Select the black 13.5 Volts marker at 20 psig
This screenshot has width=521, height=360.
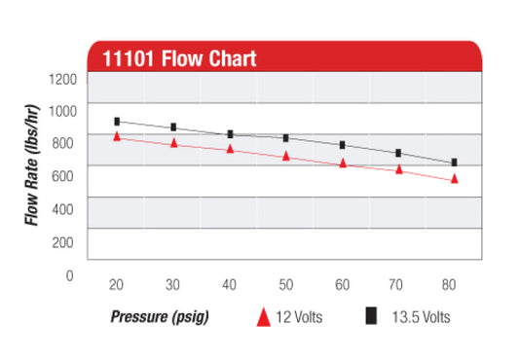[x=117, y=122]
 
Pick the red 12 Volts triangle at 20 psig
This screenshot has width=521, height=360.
[x=117, y=136]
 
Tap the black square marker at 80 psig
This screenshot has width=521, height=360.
[x=455, y=162]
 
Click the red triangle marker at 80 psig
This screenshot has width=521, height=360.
[x=455, y=179]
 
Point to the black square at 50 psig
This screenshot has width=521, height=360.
[x=285, y=138]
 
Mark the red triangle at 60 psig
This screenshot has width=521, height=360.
[x=342, y=162]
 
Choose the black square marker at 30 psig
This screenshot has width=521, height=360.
[x=173, y=127]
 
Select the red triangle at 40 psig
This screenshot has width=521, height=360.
[x=230, y=149]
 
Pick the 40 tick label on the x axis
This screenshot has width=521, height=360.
[x=229, y=283]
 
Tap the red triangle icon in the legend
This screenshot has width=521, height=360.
[x=262, y=316]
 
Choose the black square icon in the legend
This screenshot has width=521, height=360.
[x=372, y=316]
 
